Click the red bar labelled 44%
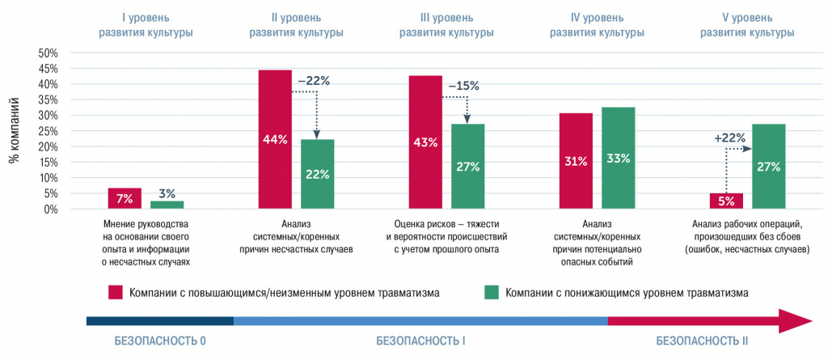click(274, 139)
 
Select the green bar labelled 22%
click(317, 174)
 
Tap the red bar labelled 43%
click(425, 142)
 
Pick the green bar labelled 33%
click(619, 158)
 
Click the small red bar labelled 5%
click(725, 201)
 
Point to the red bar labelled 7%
click(125, 198)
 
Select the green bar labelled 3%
click(167, 205)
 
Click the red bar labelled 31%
click(576, 161)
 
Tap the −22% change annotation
click(314, 81)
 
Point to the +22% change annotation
click(729, 138)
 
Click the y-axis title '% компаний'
click(14, 131)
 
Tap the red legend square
click(116, 292)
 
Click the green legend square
click(491, 292)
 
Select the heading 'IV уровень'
click(597, 16)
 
